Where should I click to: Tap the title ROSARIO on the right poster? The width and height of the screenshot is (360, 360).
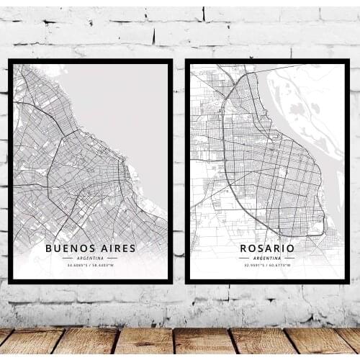click(267, 248)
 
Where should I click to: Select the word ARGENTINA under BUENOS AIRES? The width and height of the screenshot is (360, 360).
click(90, 258)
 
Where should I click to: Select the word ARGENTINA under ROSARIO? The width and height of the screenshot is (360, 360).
click(267, 258)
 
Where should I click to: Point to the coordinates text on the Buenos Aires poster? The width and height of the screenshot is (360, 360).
click(90, 266)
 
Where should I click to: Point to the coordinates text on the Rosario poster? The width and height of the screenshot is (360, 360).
click(267, 266)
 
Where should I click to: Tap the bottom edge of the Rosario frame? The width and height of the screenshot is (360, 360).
click(267, 281)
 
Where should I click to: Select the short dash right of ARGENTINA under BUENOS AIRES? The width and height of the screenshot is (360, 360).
click(112, 258)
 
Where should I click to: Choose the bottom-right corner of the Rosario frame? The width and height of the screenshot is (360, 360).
click(348, 281)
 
